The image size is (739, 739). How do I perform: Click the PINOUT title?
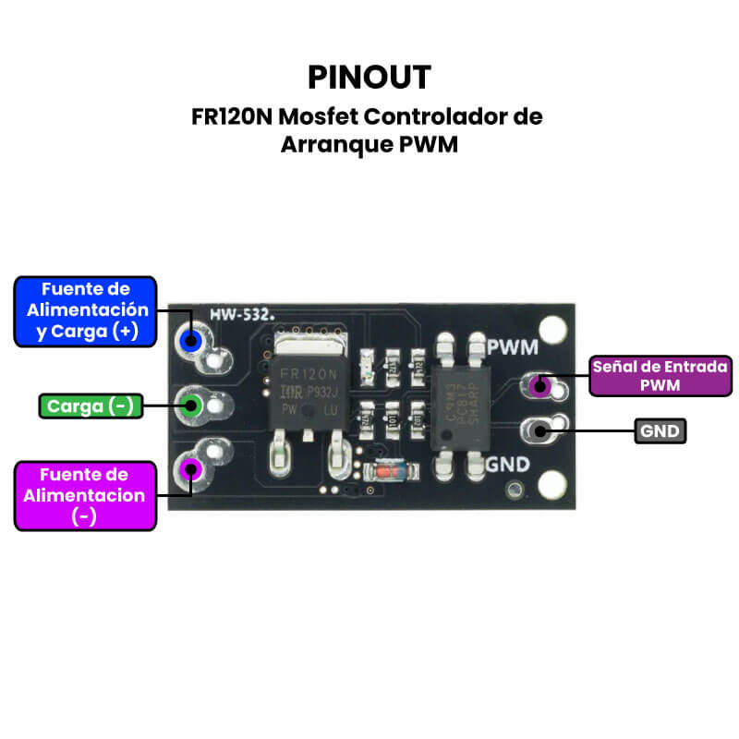369,77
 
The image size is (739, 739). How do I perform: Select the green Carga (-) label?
91,406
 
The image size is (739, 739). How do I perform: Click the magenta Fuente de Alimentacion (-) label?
85,495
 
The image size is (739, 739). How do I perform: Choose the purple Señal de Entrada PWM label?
660,375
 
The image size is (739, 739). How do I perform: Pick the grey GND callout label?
661,430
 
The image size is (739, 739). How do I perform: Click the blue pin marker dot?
192,341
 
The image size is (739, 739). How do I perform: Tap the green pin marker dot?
191,404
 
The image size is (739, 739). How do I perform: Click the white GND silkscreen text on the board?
507,464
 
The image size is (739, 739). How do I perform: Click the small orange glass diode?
381,471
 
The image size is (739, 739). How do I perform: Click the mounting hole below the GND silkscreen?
552,483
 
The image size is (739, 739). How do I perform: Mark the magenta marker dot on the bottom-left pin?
191,467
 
